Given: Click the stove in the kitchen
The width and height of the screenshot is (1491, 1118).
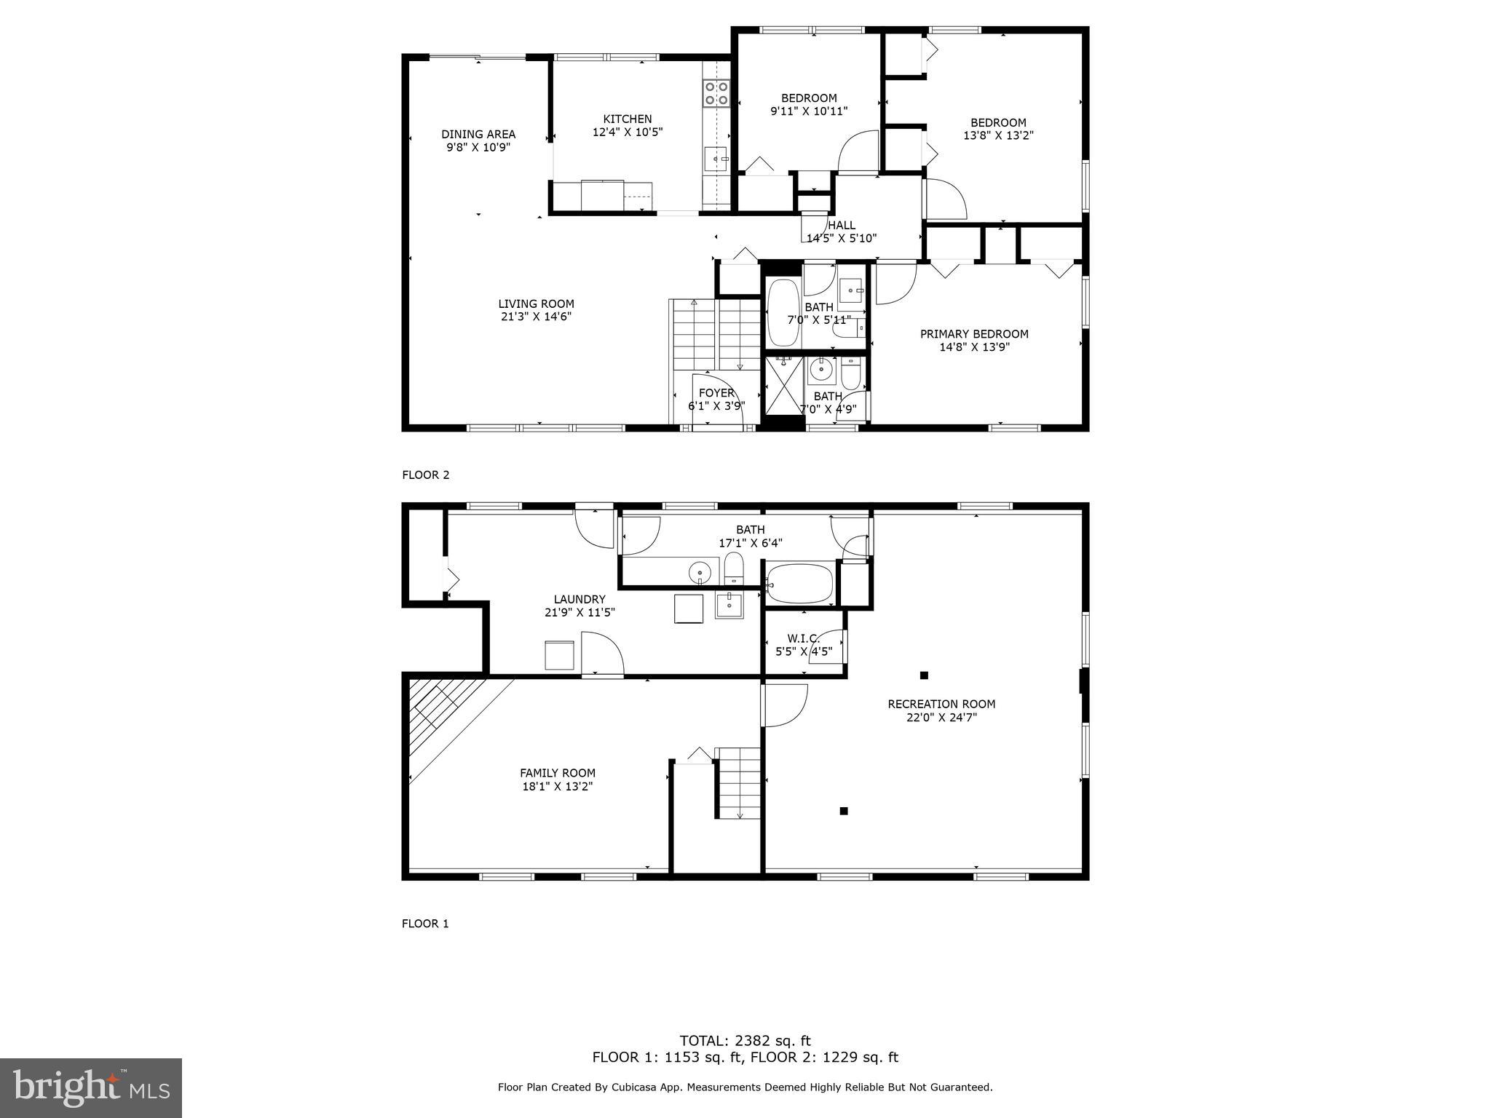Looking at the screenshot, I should (x=716, y=94).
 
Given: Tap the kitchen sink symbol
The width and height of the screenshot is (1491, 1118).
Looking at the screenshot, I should (x=716, y=159).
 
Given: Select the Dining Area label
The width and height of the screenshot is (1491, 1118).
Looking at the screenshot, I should (x=478, y=134).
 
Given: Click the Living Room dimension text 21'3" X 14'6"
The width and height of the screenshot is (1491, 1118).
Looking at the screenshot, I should (x=536, y=317).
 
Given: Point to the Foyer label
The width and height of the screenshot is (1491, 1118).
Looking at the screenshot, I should (x=716, y=393).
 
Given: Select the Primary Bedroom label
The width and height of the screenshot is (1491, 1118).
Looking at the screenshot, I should (x=973, y=334).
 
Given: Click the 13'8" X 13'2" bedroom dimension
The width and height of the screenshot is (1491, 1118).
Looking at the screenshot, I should (x=998, y=135).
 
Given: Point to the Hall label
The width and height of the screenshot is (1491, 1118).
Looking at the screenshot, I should (x=842, y=225).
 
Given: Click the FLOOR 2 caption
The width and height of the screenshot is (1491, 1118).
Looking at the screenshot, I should (x=426, y=475).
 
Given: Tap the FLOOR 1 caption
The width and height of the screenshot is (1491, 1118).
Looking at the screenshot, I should (x=425, y=924).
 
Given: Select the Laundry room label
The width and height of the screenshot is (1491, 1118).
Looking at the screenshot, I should (x=580, y=600).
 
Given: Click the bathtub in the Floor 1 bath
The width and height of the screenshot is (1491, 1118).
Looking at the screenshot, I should (x=799, y=584).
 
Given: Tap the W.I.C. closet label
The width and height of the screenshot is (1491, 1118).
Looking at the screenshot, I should (x=803, y=638).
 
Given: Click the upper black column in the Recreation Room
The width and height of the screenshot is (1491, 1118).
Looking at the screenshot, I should (x=924, y=675).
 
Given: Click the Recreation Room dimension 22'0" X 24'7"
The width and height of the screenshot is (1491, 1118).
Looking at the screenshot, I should (x=941, y=717).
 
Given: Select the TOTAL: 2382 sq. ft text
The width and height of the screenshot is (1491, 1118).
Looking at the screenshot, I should (x=745, y=1041).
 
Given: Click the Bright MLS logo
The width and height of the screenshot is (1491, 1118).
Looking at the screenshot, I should (x=91, y=1088).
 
